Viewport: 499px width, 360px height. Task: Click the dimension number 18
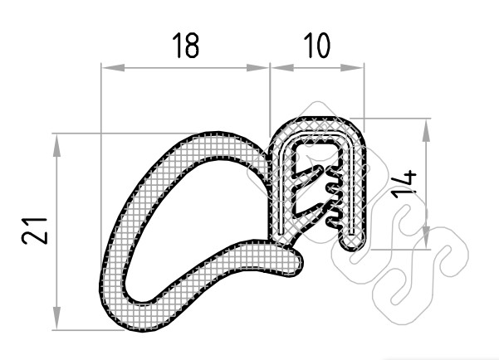186,45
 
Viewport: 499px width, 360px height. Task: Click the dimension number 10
317,45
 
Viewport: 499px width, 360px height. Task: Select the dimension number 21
34,231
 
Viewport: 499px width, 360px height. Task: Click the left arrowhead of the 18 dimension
113,67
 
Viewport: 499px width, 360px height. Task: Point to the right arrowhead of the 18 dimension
257,67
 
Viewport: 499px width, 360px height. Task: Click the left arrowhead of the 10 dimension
282,67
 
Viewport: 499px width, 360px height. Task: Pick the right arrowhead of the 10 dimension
352,67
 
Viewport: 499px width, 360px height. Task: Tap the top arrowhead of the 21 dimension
56,145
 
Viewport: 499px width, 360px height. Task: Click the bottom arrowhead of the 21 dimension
56,318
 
